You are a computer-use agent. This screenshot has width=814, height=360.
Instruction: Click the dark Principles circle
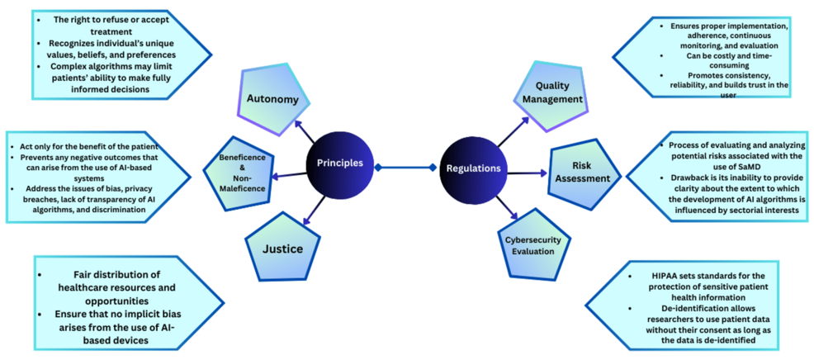tap(339, 163)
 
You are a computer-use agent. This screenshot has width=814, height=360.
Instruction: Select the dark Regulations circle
tap(473, 168)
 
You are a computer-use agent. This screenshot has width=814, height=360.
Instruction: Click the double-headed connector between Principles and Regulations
tap(405, 168)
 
